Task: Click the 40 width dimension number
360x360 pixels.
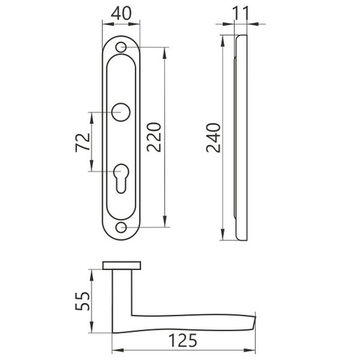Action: tap(121, 14)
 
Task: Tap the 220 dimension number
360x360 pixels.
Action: tap(154, 138)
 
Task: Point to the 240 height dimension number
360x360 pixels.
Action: tap(213, 138)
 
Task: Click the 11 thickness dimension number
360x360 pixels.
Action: tap(241, 14)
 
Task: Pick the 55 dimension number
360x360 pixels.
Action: tap(82, 301)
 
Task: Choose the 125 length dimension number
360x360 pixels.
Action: tap(183, 341)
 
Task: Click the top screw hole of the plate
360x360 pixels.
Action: tap(121, 48)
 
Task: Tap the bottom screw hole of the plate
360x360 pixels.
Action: tap(121, 228)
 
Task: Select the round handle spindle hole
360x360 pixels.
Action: tap(121, 112)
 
